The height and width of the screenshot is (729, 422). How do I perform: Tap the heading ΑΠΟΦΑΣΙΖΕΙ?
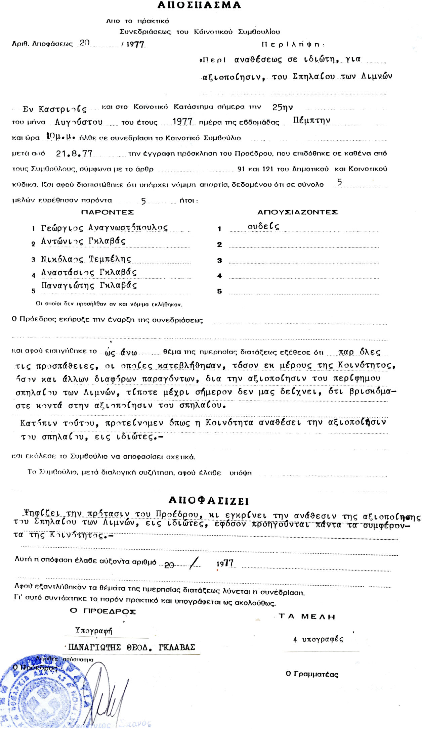tap(208, 501)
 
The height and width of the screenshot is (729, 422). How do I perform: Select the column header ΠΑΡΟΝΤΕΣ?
tap(107, 212)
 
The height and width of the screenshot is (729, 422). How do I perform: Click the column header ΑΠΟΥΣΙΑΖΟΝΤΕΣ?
tap(297, 212)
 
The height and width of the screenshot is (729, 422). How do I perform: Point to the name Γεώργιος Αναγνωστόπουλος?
tap(104, 228)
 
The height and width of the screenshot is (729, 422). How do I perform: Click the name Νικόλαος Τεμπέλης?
tap(86, 259)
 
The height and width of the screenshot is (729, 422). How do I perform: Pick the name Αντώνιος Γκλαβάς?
tap(83, 241)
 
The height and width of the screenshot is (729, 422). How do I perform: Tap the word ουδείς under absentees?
tap(263, 227)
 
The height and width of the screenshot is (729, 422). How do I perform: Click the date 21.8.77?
tap(74, 154)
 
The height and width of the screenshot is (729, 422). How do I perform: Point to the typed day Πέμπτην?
tap(311, 121)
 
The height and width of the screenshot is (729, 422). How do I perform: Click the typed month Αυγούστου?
tap(79, 122)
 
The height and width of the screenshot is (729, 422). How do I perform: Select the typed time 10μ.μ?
tap(60, 137)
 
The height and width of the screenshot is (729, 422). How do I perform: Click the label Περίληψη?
tap(293, 44)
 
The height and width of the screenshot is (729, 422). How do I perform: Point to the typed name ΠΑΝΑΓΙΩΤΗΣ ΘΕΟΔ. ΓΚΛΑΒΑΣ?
tap(131, 647)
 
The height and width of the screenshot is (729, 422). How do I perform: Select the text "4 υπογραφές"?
tap(318, 639)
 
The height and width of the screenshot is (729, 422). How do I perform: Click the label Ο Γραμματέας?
tap(312, 674)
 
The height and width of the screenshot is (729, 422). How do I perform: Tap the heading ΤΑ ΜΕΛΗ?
tap(307, 617)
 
